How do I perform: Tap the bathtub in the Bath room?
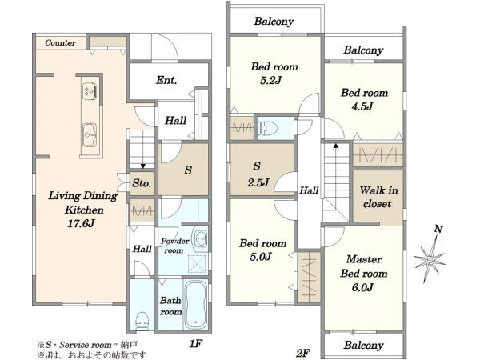(x=195, y=306)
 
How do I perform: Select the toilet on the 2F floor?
(x=267, y=128)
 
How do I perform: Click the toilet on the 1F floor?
(x=142, y=320)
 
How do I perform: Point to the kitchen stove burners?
(x=90, y=91)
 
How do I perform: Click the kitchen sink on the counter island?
(x=90, y=135)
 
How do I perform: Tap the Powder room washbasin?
(x=200, y=238)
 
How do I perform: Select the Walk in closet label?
(x=378, y=197)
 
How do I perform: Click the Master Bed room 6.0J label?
(x=364, y=274)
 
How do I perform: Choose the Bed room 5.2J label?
(x=274, y=73)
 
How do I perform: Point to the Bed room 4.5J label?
(x=364, y=99)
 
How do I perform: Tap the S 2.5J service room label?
(x=258, y=174)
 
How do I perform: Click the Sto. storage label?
(x=142, y=183)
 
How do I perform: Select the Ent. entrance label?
(x=166, y=80)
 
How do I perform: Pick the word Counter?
(x=60, y=43)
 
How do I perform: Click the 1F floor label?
(x=196, y=344)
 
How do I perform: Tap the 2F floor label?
(x=303, y=354)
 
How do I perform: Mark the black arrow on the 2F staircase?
(x=336, y=146)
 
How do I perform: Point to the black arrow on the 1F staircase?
(x=143, y=166)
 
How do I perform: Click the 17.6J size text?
(x=81, y=223)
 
